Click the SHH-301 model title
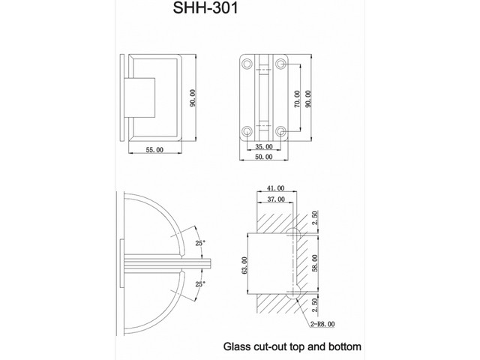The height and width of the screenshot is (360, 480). click(205, 7)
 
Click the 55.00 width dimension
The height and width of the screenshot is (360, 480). click(154, 150)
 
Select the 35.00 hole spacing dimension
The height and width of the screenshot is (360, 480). click(263, 147)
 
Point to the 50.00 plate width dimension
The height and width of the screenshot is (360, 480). click(263, 157)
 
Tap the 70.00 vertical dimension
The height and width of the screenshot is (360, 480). click(297, 98)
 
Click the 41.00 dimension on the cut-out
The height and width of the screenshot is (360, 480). click(275, 188)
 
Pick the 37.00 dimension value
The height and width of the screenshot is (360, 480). click(276, 199)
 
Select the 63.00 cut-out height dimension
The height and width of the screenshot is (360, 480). click(244, 265)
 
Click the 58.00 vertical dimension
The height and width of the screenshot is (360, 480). click(315, 263)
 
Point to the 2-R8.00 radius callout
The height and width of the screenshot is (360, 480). click(322, 324)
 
